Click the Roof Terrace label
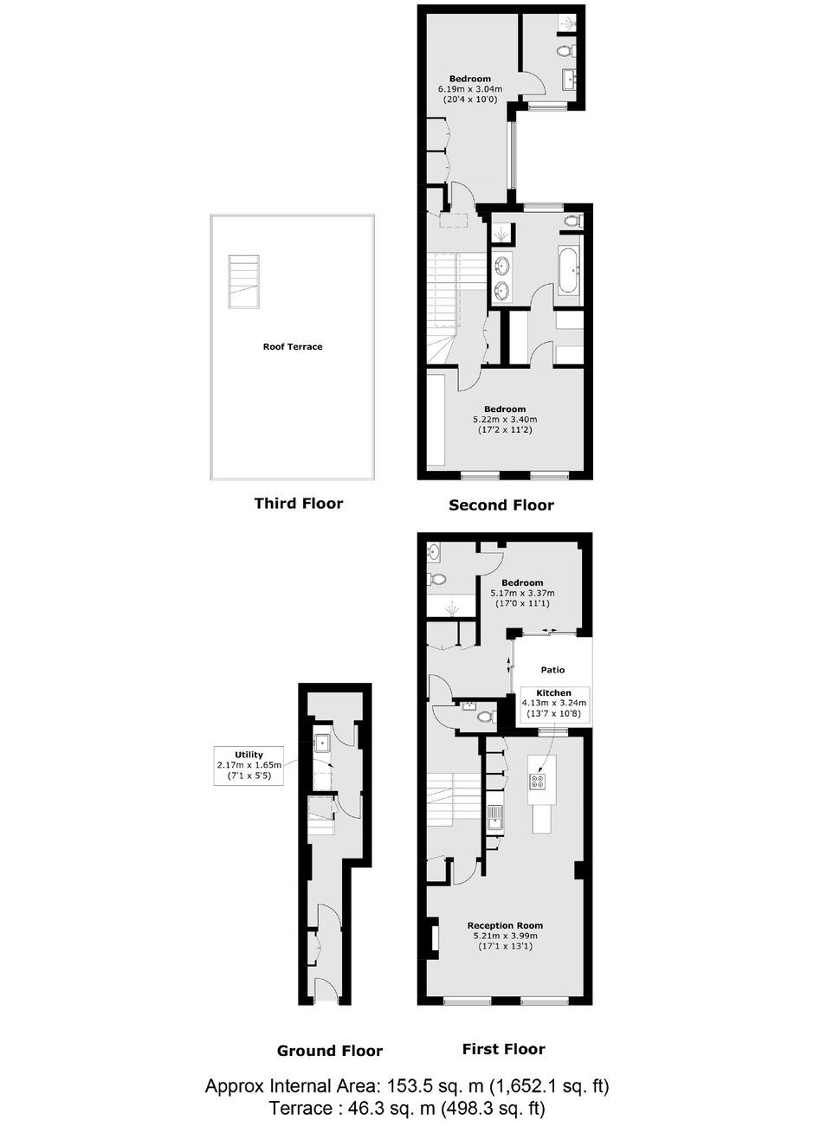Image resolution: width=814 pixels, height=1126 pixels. (x=293, y=346)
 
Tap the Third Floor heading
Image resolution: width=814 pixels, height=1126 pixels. (x=299, y=503)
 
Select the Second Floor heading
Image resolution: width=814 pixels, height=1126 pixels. (x=501, y=505)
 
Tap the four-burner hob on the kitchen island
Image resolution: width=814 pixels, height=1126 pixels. (x=537, y=781)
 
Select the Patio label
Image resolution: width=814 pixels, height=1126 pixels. (x=552, y=670)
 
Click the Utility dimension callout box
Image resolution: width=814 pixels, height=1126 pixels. (x=249, y=766)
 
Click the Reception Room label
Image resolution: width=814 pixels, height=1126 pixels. (x=505, y=925)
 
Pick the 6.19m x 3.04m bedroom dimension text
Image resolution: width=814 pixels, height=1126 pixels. (x=470, y=89)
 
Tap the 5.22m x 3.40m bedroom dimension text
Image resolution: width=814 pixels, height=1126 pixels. (x=505, y=419)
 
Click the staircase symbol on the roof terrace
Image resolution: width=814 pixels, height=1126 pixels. (x=244, y=281)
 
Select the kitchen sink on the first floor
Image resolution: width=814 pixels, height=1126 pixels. (x=494, y=817)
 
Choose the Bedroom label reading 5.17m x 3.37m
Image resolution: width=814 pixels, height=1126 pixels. (x=522, y=582)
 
